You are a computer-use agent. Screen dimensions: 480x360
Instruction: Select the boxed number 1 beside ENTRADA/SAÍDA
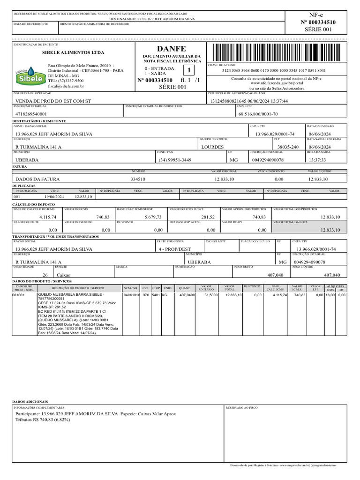(x=189, y=71)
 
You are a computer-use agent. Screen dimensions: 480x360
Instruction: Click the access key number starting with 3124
(x=274, y=70)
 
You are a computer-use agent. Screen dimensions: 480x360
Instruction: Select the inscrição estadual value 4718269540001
(x=31, y=114)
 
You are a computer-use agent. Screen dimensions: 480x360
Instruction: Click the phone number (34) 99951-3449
(x=175, y=160)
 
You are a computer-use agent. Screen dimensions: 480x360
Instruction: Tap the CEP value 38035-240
(x=288, y=147)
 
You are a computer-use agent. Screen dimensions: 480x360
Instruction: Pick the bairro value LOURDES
(x=212, y=147)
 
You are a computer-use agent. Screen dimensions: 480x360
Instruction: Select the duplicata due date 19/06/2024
(x=54, y=197)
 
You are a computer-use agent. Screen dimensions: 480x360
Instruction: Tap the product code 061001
(x=19, y=296)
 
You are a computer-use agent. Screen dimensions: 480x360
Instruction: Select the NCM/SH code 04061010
(x=131, y=296)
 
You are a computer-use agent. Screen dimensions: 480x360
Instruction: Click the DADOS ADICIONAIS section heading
(x=30, y=402)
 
